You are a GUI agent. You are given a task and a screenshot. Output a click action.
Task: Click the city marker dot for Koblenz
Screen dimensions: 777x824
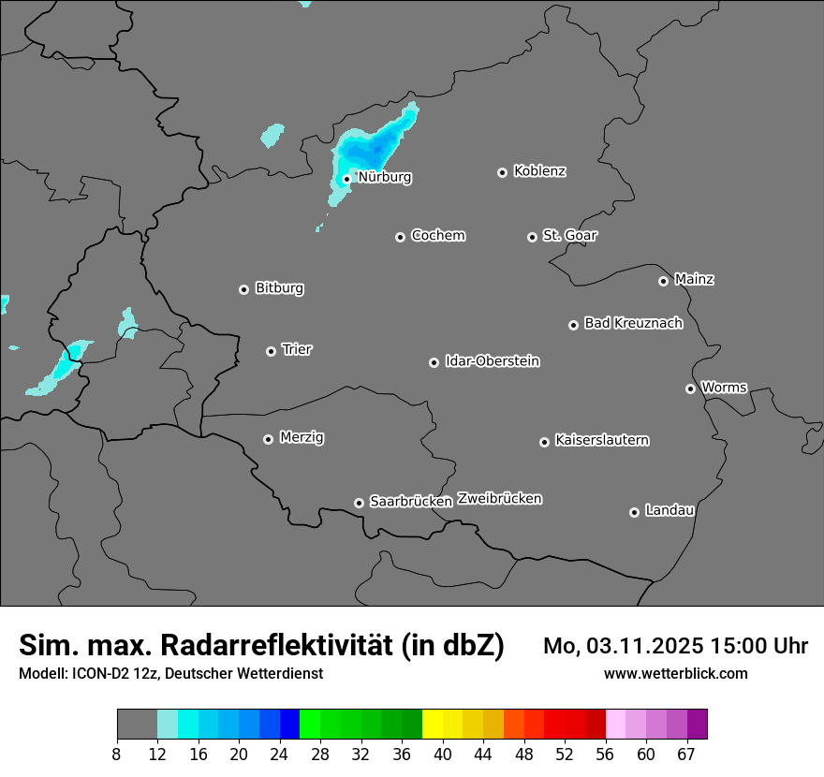click(502, 172)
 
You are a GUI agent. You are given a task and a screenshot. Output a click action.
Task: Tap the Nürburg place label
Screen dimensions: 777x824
click(384, 177)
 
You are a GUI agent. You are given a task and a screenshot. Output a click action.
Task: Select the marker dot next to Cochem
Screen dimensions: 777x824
click(400, 237)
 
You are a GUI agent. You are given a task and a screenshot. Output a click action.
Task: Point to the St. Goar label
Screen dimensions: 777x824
click(569, 235)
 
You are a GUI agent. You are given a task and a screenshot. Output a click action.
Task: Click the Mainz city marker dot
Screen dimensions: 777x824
click(663, 281)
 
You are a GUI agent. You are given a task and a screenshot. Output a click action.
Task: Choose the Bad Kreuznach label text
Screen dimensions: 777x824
click(633, 323)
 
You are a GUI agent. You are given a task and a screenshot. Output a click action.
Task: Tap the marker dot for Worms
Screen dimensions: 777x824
click(690, 388)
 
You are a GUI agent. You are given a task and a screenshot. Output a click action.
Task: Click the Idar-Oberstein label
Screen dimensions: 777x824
click(492, 360)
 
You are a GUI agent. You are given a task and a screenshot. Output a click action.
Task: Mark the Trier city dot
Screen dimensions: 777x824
click(271, 351)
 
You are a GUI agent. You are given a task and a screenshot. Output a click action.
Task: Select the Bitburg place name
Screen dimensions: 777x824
click(279, 288)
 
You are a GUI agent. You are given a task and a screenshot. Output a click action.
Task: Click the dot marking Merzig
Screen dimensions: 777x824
click(268, 439)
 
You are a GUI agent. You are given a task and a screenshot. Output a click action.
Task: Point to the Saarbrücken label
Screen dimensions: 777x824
click(410, 501)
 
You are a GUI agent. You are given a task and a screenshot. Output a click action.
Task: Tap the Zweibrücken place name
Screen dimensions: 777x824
click(499, 499)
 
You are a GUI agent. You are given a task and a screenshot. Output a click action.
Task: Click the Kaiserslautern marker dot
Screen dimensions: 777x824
click(544, 442)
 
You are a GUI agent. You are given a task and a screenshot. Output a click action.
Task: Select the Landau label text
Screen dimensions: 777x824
click(669, 510)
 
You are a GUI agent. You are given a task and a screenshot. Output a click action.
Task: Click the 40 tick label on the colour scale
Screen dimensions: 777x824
click(442, 754)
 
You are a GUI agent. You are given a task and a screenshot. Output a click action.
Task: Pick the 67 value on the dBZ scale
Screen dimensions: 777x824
click(686, 754)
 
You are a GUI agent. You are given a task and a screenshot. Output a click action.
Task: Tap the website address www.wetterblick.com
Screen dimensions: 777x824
click(675, 673)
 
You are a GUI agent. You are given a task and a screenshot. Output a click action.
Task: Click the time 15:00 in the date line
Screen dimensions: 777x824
click(726, 646)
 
